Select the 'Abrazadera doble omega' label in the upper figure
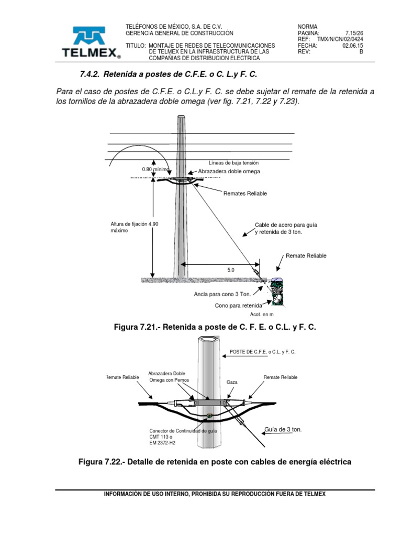tap(229, 172)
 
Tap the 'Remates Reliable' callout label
tap(245, 194)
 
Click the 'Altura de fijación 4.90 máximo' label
tap(131, 227)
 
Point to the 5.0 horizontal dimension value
tap(231, 270)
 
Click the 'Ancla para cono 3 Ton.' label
tap(222, 294)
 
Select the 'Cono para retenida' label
tap(238, 305)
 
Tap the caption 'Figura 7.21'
tap(215, 327)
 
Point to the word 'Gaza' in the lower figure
tap(232, 383)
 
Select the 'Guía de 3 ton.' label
tap(283, 429)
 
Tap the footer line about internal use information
tap(215, 494)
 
